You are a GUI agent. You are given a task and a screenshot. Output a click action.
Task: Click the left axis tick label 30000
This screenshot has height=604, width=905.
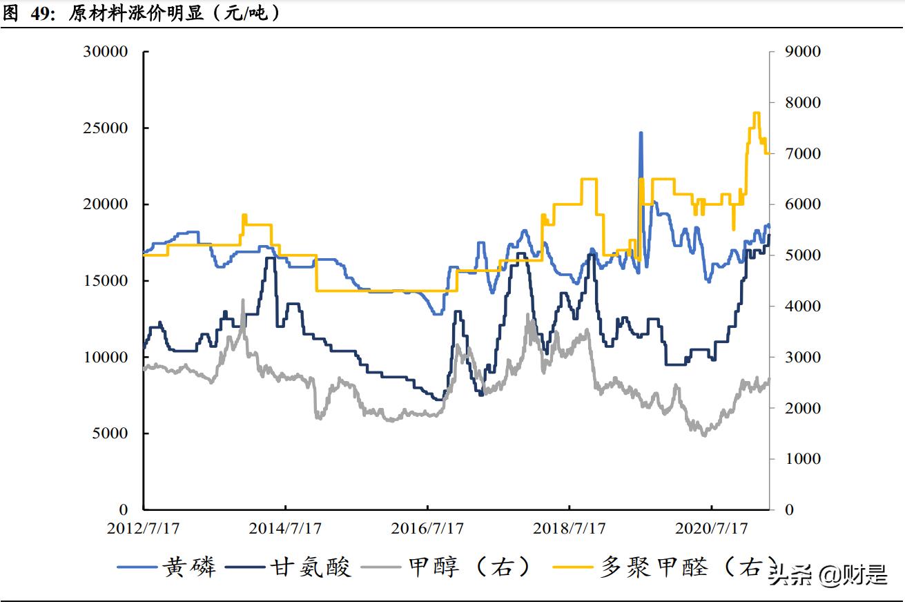click(105, 52)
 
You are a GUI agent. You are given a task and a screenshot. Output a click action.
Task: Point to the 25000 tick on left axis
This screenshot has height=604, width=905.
click(105, 128)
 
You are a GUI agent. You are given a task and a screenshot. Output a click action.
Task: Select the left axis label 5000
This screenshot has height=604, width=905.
click(109, 433)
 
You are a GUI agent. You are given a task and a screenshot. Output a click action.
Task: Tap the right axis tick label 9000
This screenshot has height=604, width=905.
click(803, 52)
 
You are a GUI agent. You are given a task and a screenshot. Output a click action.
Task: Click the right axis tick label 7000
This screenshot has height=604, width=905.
click(803, 153)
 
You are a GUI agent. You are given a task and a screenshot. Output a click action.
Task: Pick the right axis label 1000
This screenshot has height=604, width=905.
click(803, 459)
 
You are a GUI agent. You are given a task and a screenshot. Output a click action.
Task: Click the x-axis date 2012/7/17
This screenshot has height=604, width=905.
click(143, 529)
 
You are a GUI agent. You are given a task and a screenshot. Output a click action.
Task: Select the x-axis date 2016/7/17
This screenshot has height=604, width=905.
click(427, 529)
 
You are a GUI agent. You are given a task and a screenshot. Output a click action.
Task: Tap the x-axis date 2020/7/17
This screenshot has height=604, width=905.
click(712, 529)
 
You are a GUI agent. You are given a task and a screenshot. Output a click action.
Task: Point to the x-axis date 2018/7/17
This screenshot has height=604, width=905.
click(570, 529)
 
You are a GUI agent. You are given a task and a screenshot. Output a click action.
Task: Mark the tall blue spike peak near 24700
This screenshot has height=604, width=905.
click(641, 133)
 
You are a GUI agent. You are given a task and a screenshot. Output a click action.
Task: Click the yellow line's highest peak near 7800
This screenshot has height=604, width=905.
click(756, 113)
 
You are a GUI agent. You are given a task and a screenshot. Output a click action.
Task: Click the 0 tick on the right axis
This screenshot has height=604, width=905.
click(790, 510)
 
